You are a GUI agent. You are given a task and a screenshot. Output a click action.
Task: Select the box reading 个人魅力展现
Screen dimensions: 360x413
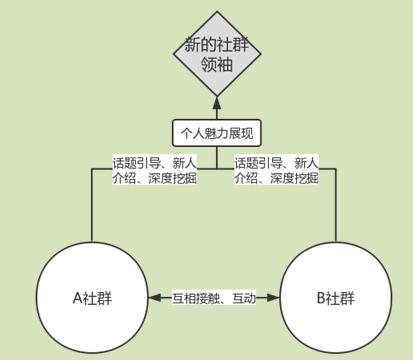click(x=217, y=131)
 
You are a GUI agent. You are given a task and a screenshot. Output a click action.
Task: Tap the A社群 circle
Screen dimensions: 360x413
click(x=92, y=298)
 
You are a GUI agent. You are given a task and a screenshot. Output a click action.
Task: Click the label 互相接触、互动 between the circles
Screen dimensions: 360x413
click(x=212, y=298)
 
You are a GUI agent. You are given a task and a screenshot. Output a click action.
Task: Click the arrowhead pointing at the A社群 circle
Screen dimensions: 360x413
click(x=152, y=298)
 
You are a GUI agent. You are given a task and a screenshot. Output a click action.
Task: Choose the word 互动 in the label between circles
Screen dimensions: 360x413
click(x=242, y=298)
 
